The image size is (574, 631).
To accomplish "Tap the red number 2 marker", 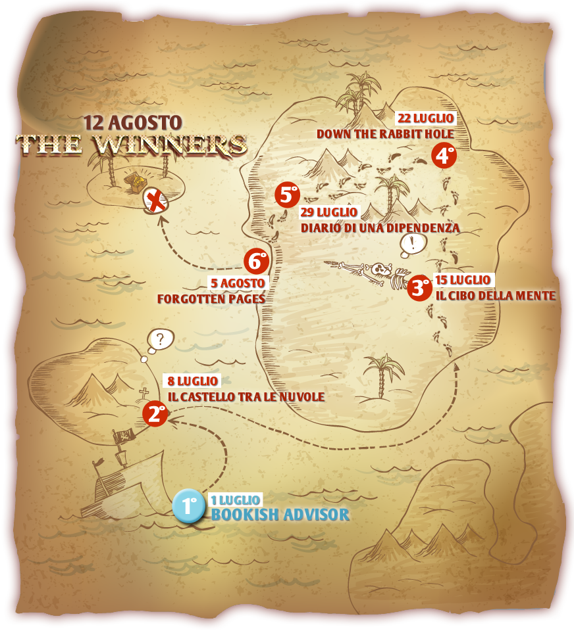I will click(155, 414).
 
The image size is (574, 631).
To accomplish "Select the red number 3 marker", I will click(419, 287).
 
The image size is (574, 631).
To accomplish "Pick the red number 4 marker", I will click(444, 156).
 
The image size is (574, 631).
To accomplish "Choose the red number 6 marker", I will click(257, 261).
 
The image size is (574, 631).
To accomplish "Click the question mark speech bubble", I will click(160, 340).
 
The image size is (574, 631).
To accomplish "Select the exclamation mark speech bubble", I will click(413, 244).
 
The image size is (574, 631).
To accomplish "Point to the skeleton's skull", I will click(380, 269).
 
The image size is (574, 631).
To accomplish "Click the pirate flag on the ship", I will click(124, 436).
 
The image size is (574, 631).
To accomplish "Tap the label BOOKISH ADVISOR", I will click(280, 514).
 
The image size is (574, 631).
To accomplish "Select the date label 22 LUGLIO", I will click(425, 118).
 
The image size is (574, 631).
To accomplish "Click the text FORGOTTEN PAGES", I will click(211, 298).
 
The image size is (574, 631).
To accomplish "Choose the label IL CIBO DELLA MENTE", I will click(496, 295).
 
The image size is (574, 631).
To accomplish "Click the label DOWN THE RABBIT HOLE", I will click(385, 134).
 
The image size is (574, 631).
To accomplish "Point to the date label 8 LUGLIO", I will click(192, 381).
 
